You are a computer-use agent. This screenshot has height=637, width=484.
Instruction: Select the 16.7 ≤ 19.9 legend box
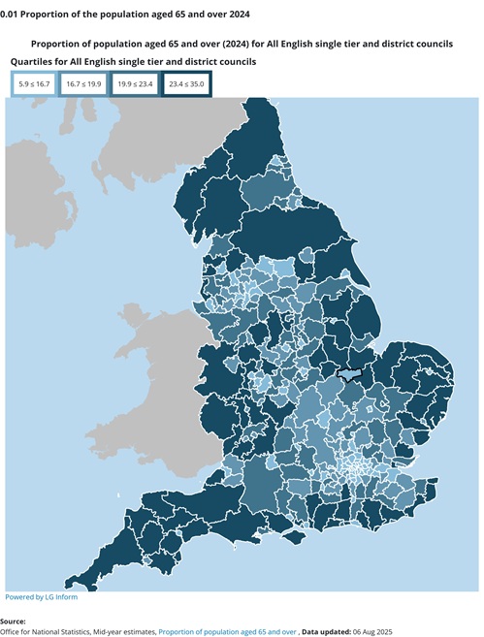click(84, 84)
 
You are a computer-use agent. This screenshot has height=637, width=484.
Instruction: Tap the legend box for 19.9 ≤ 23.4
click(136, 84)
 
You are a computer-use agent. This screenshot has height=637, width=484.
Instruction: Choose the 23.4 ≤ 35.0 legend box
click(186, 84)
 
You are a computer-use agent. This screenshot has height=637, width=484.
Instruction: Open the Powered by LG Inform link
click(41, 597)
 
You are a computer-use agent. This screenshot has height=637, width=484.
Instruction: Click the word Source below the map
click(14, 621)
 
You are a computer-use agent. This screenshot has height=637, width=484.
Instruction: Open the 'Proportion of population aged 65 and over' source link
click(228, 631)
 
